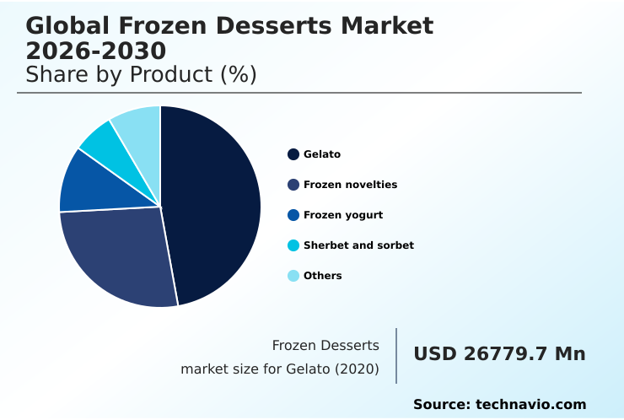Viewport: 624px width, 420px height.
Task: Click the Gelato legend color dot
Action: coord(293,154)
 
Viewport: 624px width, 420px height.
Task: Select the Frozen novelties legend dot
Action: coord(293,185)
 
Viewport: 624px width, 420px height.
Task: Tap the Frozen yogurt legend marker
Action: coord(293,215)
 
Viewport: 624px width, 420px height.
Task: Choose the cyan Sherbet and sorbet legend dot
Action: coord(293,245)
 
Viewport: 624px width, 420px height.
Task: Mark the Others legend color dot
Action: coord(293,276)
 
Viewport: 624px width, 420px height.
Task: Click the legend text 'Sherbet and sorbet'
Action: coord(358,245)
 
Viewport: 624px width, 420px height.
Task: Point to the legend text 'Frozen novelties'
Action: coord(350,185)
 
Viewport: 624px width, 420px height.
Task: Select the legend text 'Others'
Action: coord(322,276)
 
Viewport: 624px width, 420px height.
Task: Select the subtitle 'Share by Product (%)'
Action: coord(141,74)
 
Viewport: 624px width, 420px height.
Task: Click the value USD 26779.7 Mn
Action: coord(499,354)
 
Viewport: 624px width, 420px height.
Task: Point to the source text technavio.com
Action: coord(530,405)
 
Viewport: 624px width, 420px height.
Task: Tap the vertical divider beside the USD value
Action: coord(396,356)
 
